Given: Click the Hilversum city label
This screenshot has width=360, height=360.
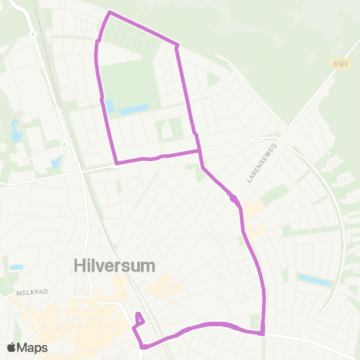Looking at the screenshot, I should (x=115, y=265).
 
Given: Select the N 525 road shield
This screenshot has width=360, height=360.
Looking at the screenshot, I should (x=341, y=64).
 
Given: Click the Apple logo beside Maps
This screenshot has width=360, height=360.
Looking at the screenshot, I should (x=11, y=347).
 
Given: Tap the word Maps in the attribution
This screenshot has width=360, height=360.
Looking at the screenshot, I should (x=33, y=347).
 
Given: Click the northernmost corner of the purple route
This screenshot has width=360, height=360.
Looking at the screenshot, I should (x=110, y=12).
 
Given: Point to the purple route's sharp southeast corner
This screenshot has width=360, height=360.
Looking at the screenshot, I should (x=263, y=334).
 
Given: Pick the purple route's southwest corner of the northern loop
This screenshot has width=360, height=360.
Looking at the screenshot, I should (x=115, y=162).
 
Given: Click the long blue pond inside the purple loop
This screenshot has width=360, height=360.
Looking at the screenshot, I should (x=133, y=111).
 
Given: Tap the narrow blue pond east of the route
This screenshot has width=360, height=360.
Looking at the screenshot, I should (x=314, y=280).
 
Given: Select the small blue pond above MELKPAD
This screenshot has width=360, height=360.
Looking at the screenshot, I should (x=16, y=267).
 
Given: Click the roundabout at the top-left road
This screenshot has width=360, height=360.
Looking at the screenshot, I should (x=32, y=34).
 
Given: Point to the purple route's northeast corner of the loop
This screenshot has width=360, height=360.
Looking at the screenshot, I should (x=177, y=46).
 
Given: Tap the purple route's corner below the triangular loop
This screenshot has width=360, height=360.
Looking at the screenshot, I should (x=142, y=346).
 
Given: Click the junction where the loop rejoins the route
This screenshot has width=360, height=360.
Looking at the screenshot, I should (x=199, y=151).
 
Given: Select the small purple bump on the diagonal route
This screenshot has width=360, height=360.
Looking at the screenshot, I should (x=234, y=199).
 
